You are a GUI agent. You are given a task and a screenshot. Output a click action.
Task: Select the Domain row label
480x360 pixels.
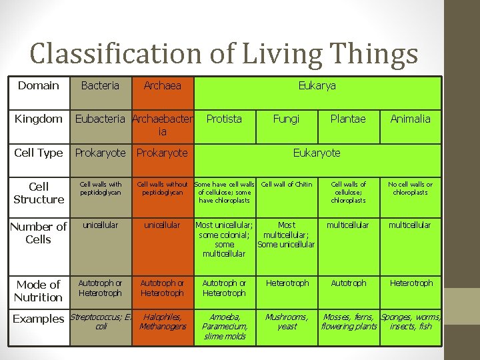point(38,85)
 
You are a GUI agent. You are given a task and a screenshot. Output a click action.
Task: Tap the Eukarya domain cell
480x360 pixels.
point(317,85)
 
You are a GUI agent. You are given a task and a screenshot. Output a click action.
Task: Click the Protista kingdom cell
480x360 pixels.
point(224,119)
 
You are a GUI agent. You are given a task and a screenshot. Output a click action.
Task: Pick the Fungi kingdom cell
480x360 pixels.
point(286,119)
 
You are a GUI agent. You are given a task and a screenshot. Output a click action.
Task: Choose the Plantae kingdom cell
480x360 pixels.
point(348,119)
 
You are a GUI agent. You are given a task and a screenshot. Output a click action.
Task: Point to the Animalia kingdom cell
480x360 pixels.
point(410,119)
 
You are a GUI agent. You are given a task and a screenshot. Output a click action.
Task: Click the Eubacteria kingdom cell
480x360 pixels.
point(100,119)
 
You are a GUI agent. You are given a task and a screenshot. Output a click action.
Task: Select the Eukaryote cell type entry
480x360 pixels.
point(317,153)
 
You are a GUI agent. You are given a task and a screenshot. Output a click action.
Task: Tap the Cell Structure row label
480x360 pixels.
point(39,193)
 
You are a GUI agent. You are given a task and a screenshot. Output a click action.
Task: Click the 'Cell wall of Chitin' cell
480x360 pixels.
point(287,185)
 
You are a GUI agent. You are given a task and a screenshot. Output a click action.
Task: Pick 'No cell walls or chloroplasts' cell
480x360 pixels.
point(411,189)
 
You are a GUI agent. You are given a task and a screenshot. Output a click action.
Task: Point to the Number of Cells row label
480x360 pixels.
point(38,233)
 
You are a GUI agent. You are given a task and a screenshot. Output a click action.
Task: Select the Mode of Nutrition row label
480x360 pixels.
point(38,291)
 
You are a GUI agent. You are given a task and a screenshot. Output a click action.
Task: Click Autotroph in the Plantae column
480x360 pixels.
point(349,283)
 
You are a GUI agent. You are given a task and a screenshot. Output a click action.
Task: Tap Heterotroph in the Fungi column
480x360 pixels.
point(287,283)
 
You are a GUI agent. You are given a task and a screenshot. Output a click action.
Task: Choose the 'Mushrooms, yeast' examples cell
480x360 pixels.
point(287,322)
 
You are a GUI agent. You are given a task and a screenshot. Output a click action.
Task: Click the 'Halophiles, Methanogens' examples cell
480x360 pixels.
point(163,322)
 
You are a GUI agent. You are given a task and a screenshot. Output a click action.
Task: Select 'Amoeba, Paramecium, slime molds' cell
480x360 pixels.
point(225,327)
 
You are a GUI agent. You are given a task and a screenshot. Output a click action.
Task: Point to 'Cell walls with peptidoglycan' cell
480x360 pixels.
point(101,189)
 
